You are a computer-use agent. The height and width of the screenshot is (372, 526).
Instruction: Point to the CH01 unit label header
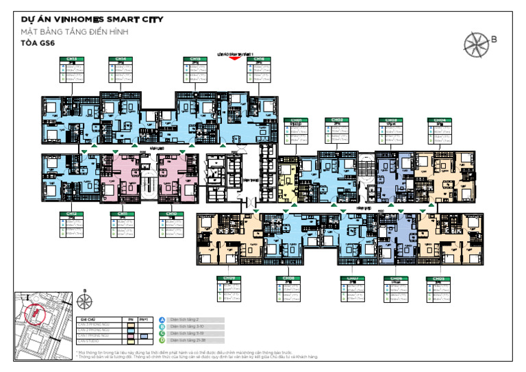297,120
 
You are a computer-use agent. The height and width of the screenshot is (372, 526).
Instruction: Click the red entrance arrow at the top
235,58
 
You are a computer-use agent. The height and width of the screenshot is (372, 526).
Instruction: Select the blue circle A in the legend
162,319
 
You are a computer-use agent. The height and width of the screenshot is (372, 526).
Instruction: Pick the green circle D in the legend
162,340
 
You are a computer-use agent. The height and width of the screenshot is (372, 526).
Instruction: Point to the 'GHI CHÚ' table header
88,319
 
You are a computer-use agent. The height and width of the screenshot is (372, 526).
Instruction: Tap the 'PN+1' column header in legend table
144,319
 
